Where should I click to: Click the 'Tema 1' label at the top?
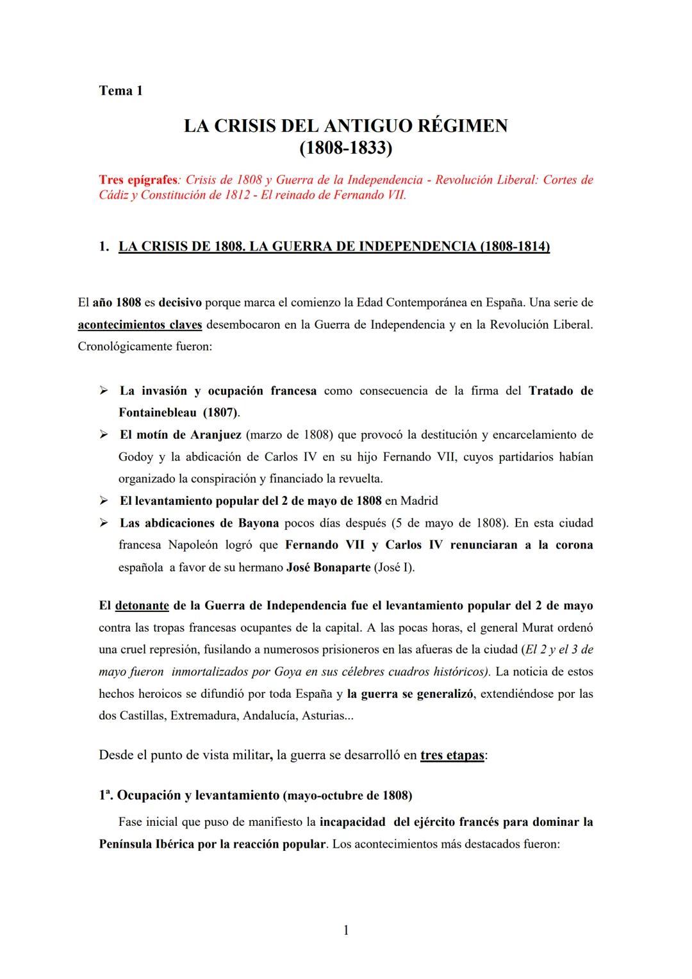coord(120,90)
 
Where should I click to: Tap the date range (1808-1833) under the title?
coord(345,148)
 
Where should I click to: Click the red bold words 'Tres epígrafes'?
coord(138,180)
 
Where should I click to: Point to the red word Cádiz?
coord(113,195)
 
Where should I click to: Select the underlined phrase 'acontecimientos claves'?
coord(140,325)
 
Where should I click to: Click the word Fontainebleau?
coord(157,413)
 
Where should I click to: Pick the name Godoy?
coord(136,457)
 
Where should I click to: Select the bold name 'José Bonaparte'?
coord(328,568)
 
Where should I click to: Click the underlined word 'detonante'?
coord(142,605)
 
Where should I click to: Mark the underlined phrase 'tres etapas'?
coord(452,755)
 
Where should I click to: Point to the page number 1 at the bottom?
coord(346,930)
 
